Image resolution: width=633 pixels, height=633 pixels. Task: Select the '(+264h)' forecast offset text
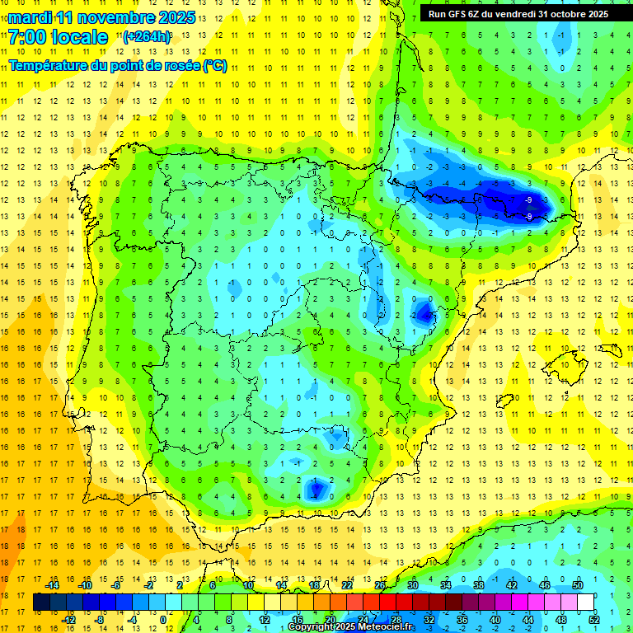click(x=147, y=37)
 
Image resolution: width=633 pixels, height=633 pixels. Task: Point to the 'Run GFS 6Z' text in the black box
click(x=458, y=13)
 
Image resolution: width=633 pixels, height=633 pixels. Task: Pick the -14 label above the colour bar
click(x=52, y=585)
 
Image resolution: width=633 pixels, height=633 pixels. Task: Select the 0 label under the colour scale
click(x=162, y=619)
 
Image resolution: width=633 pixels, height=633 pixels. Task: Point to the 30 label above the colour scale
click(x=413, y=585)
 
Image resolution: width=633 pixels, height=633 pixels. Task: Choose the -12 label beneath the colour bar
click(x=68, y=619)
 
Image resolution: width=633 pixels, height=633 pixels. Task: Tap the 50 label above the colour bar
click(x=578, y=585)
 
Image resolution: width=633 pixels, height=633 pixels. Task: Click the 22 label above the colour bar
click(x=347, y=585)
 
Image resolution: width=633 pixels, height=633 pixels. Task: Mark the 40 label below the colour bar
click(x=495, y=619)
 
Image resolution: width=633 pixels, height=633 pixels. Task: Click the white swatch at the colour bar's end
click(x=586, y=603)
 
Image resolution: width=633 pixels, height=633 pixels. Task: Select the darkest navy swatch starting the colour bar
click(x=41, y=603)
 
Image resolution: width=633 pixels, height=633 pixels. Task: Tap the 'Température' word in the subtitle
click(x=49, y=65)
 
